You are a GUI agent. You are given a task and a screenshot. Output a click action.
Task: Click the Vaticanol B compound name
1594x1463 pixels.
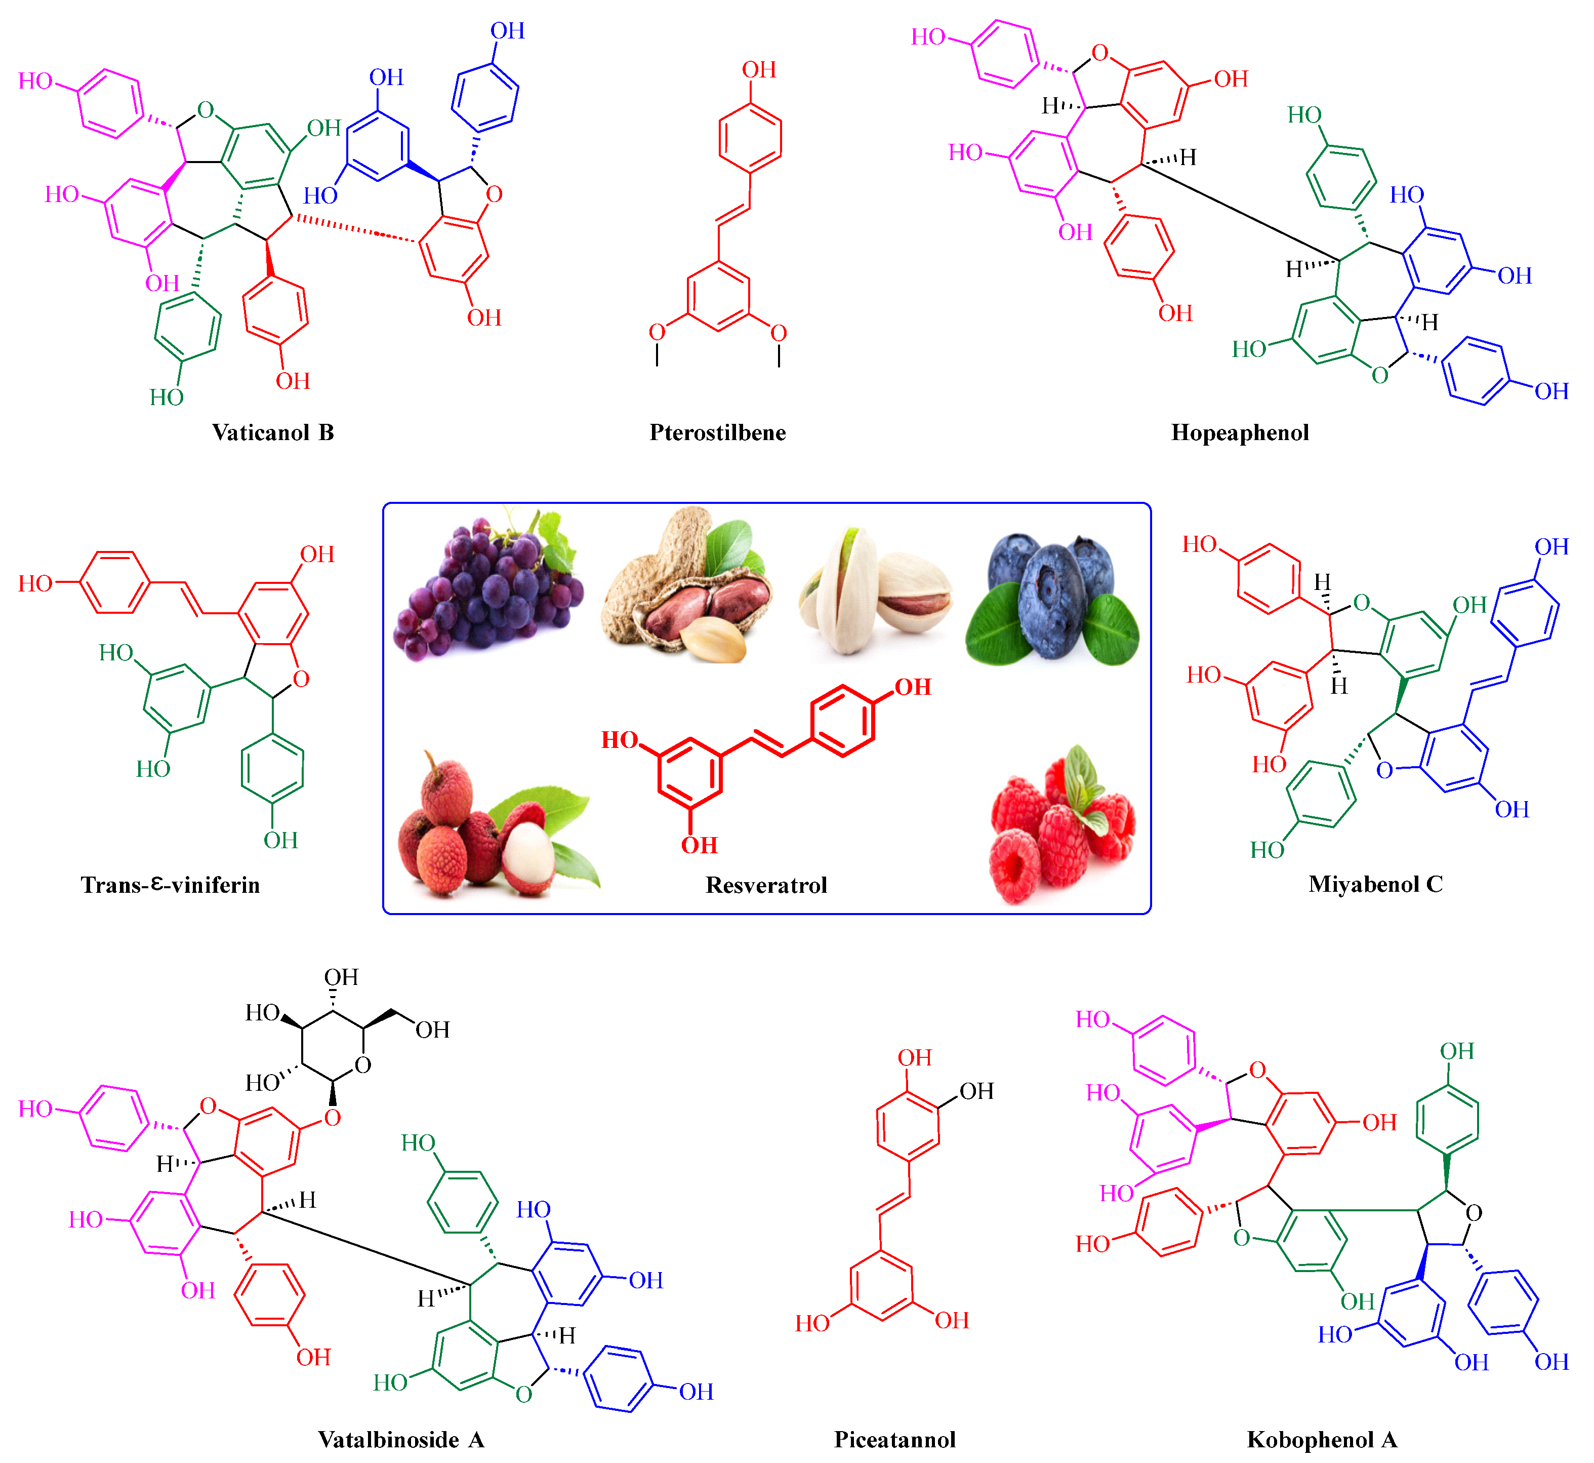pyautogui.click(x=273, y=432)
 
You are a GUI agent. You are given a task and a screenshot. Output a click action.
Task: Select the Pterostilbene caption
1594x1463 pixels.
pyautogui.click(x=718, y=432)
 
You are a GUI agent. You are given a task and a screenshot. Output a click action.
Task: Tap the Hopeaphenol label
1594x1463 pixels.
pyautogui.click(x=1240, y=432)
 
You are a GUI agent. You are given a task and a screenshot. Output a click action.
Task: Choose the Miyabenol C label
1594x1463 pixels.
pyautogui.click(x=1375, y=884)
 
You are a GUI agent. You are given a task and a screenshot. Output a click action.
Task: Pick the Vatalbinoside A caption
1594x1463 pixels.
pyautogui.click(x=401, y=1439)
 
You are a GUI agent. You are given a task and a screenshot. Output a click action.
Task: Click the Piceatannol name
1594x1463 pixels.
pyautogui.click(x=895, y=1439)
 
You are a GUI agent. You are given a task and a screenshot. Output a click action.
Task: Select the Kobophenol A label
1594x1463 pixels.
pyautogui.click(x=1322, y=1439)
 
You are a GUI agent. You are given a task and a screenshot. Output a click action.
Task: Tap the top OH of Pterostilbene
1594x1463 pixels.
pyautogui.click(x=758, y=70)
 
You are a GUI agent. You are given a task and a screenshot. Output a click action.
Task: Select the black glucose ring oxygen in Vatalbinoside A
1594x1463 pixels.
pyautogui.click(x=362, y=1065)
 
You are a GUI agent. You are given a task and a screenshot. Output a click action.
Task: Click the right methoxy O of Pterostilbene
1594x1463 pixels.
pyautogui.click(x=779, y=333)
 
